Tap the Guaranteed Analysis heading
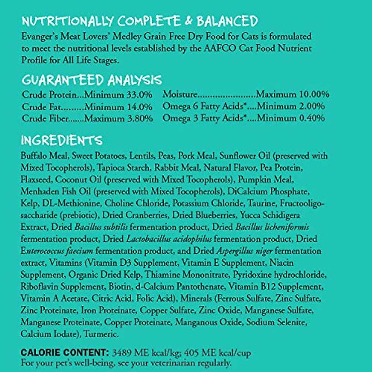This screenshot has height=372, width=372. coord(92,80)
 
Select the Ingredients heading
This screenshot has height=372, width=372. coord(61,141)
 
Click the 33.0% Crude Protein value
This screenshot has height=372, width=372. coord(139,95)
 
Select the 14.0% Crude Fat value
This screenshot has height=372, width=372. coord(140,107)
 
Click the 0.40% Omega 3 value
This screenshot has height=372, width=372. coord(312,118)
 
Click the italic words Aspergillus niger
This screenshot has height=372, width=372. coord(245,251)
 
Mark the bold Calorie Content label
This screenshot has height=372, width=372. coord(64,353)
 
